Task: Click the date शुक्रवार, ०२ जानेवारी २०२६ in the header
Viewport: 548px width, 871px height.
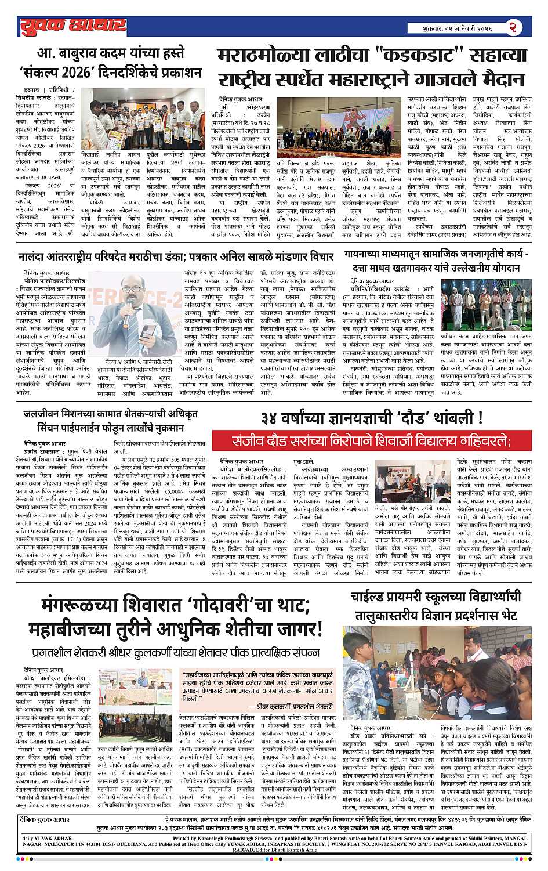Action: pos(460,27)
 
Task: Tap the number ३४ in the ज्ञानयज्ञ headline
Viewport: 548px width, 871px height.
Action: pos(274,418)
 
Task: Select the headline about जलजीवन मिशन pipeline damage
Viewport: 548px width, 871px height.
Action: pos(110,420)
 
